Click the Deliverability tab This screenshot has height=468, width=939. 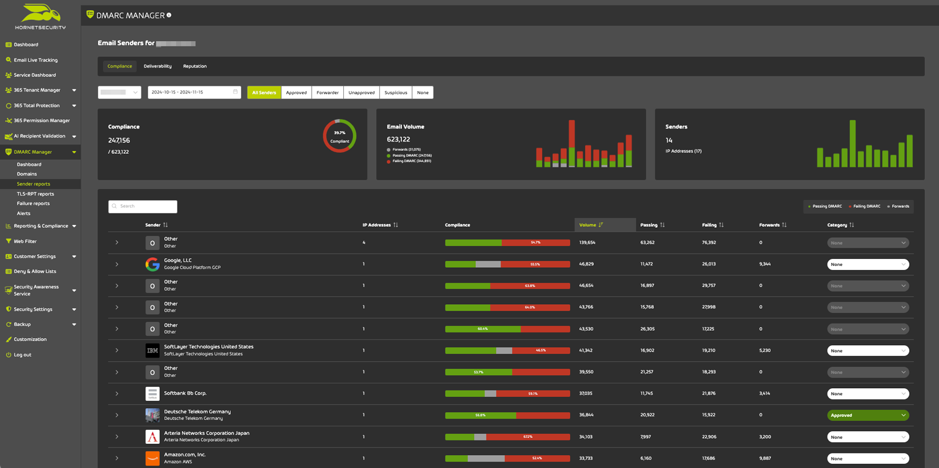[x=157, y=66]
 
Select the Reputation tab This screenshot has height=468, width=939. [x=195, y=66]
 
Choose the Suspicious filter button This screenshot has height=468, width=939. [x=396, y=93]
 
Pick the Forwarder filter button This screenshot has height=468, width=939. [x=327, y=93]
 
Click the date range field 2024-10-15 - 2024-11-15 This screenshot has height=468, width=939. [x=194, y=92]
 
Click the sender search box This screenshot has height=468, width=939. [x=143, y=207]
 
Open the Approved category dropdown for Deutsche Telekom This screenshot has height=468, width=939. [x=867, y=415]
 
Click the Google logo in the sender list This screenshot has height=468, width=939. [x=153, y=264]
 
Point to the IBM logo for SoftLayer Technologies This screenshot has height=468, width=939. [x=153, y=351]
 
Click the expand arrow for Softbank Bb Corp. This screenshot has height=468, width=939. [x=117, y=393]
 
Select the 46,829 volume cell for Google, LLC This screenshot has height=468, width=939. [x=586, y=264]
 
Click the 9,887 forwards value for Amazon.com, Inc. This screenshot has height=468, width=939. [x=765, y=459]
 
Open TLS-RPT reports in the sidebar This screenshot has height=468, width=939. [x=35, y=194]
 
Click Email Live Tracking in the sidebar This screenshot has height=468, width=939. [x=35, y=60]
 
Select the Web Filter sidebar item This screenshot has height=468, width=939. [x=25, y=241]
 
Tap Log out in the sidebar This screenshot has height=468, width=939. [x=22, y=355]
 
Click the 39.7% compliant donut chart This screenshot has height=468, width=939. [x=339, y=136]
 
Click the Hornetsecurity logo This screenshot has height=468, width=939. [x=40, y=16]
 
